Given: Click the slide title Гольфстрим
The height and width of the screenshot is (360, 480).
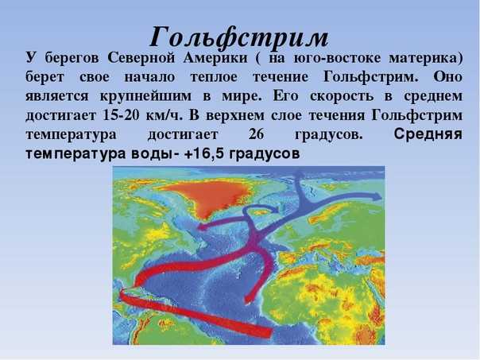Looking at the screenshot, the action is pyautogui.click(x=239, y=38).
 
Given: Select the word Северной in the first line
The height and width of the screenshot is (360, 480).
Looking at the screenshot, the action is pyautogui.click(x=141, y=58).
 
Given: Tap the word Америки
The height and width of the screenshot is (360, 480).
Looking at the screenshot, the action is pyautogui.click(x=215, y=58).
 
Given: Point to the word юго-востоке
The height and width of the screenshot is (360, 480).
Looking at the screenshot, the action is pyautogui.click(x=337, y=58).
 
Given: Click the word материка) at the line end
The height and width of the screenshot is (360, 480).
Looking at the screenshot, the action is pyautogui.click(x=426, y=58).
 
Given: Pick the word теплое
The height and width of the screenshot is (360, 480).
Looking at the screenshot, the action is pyautogui.click(x=214, y=77).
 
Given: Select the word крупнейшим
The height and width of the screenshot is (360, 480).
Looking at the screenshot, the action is pyautogui.click(x=145, y=96).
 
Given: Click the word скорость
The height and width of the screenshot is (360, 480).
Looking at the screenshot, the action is pyautogui.click(x=342, y=96).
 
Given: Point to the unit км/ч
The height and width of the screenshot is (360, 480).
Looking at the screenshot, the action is pyautogui.click(x=165, y=115).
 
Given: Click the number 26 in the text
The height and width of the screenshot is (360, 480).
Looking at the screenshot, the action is pyautogui.click(x=256, y=134).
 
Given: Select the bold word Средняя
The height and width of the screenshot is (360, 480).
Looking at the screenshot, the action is pyautogui.click(x=428, y=134).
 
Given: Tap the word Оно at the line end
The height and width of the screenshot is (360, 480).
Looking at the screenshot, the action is pyautogui.click(x=447, y=77).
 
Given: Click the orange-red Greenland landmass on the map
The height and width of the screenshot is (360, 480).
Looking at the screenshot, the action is pyautogui.click(x=208, y=196).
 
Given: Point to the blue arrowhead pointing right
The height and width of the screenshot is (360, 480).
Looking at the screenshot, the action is pyautogui.click(x=377, y=196).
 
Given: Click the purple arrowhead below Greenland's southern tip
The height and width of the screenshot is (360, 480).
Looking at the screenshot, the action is pyautogui.click(x=203, y=226).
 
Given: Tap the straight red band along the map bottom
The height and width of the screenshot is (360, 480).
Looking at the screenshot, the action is pyautogui.click(x=195, y=314).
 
